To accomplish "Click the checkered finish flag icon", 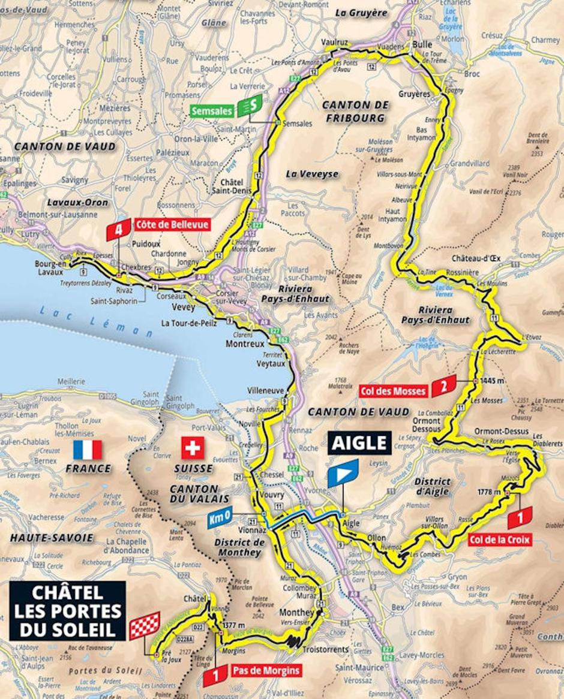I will coord(145,625).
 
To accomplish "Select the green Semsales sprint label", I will coord(212,111).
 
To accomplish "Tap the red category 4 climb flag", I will coord(118,229).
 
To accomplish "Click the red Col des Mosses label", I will coord(393,391).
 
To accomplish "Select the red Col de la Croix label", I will coord(500,540).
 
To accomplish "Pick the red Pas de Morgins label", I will coord(264,670).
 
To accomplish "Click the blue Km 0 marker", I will coord(221,519).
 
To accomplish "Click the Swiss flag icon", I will coord(193,447).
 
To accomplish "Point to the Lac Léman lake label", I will coord(94,321).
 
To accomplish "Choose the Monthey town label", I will coord(296,613).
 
